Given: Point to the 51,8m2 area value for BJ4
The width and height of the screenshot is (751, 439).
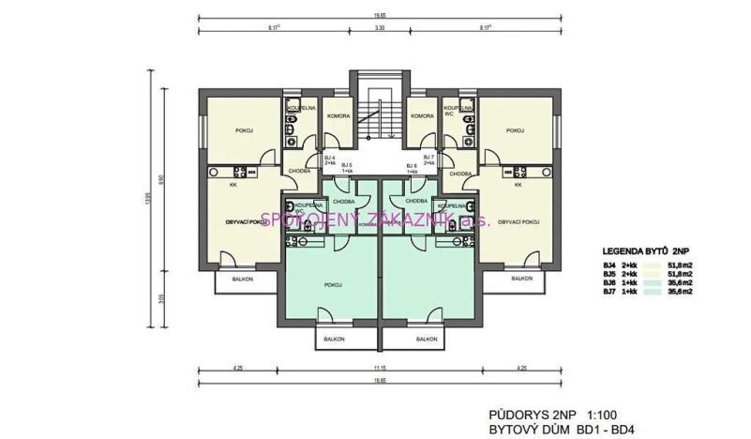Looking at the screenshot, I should point(679,266).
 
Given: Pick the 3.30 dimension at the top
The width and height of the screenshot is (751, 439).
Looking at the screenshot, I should point(379,29).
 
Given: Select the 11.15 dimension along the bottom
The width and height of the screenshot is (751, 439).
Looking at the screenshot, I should point(379,368).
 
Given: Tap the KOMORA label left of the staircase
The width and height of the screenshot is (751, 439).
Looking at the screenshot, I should point(338,115).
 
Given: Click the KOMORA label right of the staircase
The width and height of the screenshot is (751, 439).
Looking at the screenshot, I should point(423,115).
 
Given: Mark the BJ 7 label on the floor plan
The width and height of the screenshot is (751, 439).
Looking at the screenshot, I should point(428,156).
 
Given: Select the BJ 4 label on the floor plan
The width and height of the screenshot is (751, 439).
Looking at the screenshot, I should point(330,156).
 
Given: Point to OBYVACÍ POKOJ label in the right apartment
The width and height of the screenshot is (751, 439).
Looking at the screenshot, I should point(517,221).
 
